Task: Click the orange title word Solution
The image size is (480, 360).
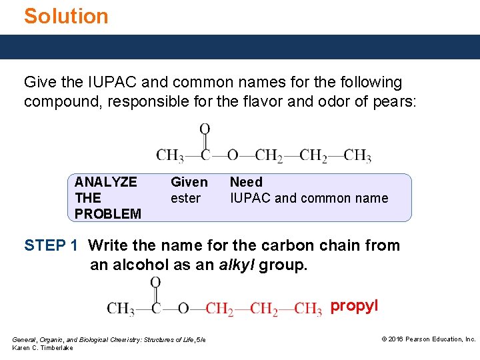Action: pos(66,16)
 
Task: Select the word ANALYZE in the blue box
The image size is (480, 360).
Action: pos(105,182)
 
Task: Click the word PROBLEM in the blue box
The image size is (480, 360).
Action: pos(108,214)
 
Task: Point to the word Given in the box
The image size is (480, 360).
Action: pos(189,182)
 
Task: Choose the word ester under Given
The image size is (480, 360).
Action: pos(185,198)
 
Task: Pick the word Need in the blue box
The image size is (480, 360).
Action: pos(246,182)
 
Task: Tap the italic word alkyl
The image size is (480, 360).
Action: pos(237,265)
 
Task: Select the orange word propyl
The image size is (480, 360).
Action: pos(354,306)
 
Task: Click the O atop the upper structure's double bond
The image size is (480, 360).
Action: pos(205,129)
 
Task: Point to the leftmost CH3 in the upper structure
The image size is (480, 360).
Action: pos(170,156)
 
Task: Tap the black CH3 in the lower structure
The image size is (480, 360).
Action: pos(121,309)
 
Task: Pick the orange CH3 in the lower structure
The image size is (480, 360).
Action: pos(308,309)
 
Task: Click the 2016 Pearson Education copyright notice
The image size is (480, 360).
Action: pos(428,339)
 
